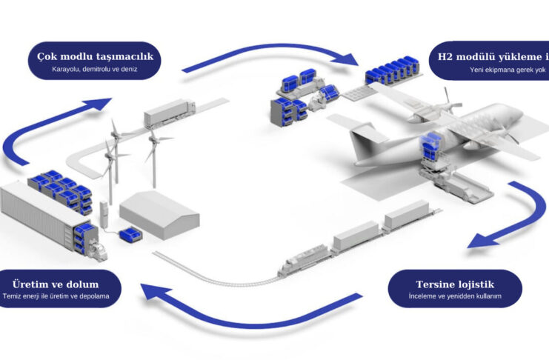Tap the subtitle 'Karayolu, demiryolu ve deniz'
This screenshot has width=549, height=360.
pos(95,71)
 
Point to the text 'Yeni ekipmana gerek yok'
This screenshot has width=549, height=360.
pos(508,70)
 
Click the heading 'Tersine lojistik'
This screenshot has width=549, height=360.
pos(455,284)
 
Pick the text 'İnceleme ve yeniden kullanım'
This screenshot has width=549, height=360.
pos(455,296)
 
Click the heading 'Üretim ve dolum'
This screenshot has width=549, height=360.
pos(56,284)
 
